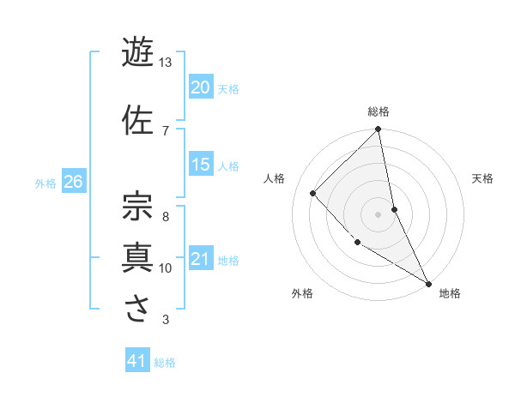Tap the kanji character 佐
pos(138,119)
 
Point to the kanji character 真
pos(138,256)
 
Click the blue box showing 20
pos(200,87)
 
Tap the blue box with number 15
pos(200,165)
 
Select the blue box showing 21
pos(200,259)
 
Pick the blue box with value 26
pos(73,182)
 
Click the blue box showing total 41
pos(137,361)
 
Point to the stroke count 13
pos(166,63)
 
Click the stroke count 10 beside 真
pos(166,268)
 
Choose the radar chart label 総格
pos(379,111)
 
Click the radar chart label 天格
pos(482,178)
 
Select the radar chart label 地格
pos(450,293)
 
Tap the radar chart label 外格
pos(302,293)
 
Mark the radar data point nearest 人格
pos(313,193)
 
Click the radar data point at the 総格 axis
pos(379,130)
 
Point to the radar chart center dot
pos(379,214)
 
